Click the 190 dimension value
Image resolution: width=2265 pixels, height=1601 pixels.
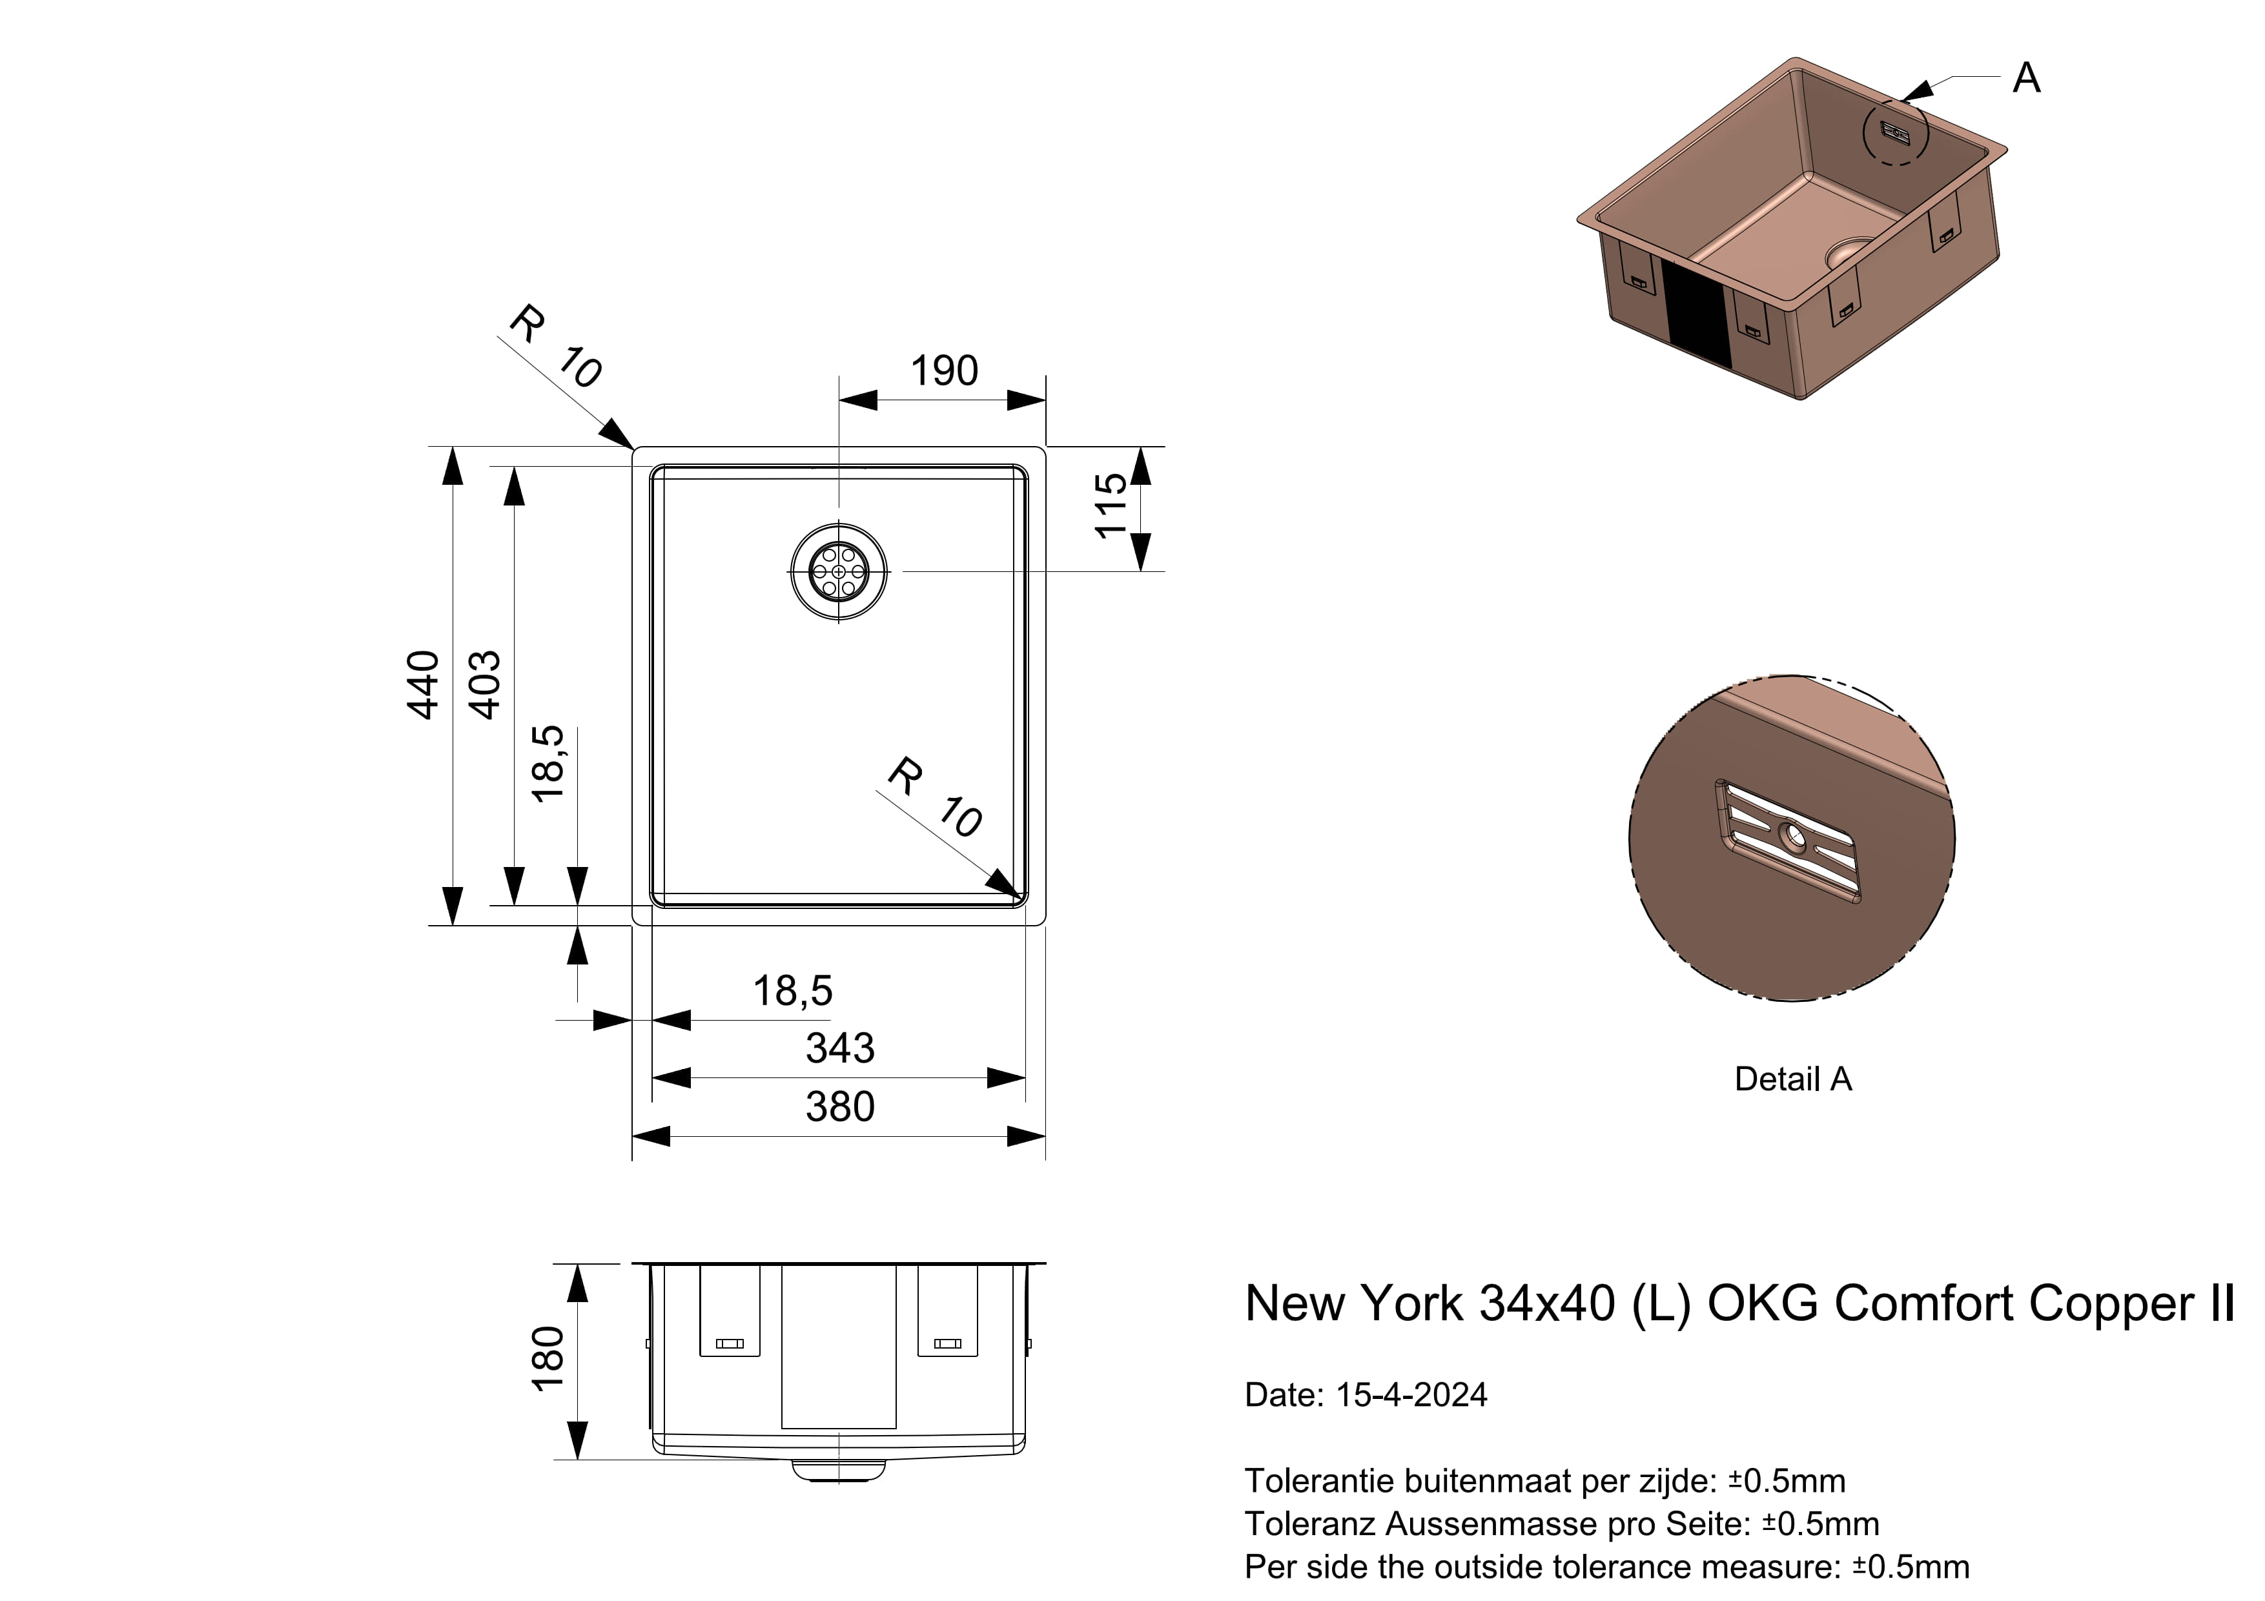(943, 372)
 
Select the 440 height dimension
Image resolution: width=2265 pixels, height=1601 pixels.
(423, 686)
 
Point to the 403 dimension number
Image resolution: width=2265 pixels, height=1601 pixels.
(484, 686)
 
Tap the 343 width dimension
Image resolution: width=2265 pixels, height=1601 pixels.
(839, 1048)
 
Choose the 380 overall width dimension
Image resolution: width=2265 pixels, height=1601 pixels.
(839, 1106)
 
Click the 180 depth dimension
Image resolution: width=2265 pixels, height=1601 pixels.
(548, 1360)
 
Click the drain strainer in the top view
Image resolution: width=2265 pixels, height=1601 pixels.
(839, 572)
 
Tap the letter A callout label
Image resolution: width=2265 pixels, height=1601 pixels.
(2026, 78)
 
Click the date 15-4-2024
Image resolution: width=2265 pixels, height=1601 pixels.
(1411, 1395)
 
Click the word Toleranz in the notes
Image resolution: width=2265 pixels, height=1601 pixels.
(1310, 1524)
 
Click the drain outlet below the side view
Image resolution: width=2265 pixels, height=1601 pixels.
(839, 1471)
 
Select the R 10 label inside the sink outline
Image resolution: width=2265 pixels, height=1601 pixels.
(933, 797)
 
